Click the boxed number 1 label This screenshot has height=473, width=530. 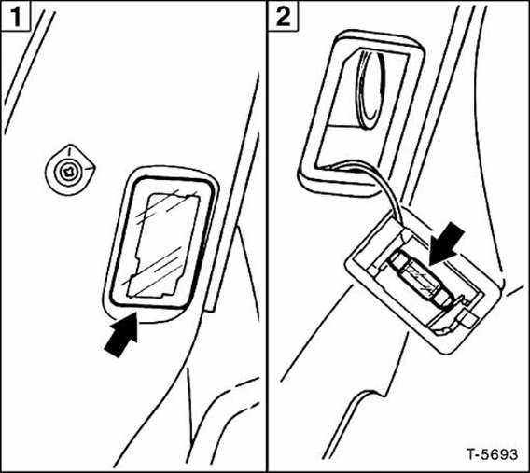click(15, 16)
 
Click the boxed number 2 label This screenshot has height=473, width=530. click(284, 16)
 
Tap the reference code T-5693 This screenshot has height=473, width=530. click(492, 454)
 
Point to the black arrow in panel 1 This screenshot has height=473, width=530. click(121, 335)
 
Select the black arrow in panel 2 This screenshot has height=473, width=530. click(445, 243)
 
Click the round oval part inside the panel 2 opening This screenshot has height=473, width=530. click(370, 90)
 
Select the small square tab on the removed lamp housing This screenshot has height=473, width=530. click(467, 320)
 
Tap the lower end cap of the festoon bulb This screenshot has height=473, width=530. click(444, 299)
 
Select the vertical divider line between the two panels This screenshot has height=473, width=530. click(266, 237)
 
